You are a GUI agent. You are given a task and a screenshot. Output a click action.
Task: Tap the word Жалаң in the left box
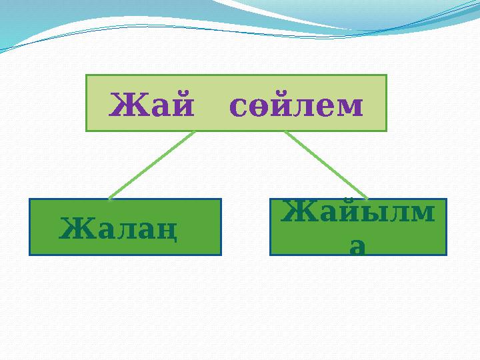pos(119,229)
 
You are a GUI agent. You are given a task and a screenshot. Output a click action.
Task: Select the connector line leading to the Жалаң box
pos(151,165)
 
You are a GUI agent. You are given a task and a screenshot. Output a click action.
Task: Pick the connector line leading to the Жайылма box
pos(326,165)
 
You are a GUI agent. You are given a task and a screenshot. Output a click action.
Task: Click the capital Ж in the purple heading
pos(125,104)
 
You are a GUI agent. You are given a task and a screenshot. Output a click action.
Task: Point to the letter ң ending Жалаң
pos(169,230)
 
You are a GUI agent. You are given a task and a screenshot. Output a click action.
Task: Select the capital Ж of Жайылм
pos(296,213)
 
